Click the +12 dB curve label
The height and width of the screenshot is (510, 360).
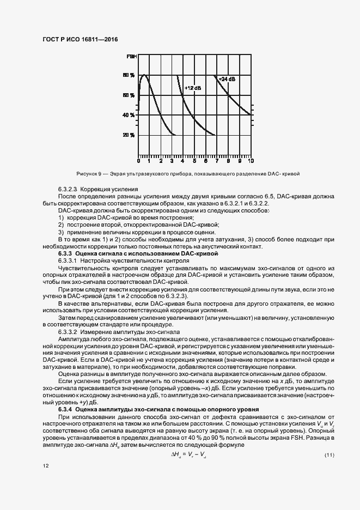pyautogui.click(x=192, y=88)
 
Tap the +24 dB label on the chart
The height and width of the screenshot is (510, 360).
pyautogui.click(x=227, y=79)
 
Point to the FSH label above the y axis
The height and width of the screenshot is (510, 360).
pyautogui.click(x=132, y=57)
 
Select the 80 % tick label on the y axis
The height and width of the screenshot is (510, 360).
pyautogui.click(x=129, y=75)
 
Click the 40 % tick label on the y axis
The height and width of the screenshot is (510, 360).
pyautogui.click(x=129, y=115)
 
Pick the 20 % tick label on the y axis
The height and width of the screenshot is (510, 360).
pyautogui.click(x=129, y=135)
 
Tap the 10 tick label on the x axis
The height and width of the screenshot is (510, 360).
pyautogui.click(x=250, y=161)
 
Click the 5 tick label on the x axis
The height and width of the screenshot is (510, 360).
pyautogui.click(x=194, y=161)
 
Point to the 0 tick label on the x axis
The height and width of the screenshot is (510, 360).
pyautogui.click(x=138, y=161)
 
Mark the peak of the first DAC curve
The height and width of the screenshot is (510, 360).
pyautogui.click(x=144, y=75)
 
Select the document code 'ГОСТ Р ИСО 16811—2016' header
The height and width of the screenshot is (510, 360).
pyautogui.click(x=80, y=40)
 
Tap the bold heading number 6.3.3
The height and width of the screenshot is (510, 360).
pyautogui.click(x=65, y=254)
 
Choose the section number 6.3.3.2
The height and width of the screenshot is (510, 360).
pyautogui.click(x=69, y=331)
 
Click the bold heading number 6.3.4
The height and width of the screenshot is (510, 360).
pyautogui.click(x=65, y=409)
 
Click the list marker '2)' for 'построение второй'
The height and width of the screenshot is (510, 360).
pyautogui.click(x=62, y=224)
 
